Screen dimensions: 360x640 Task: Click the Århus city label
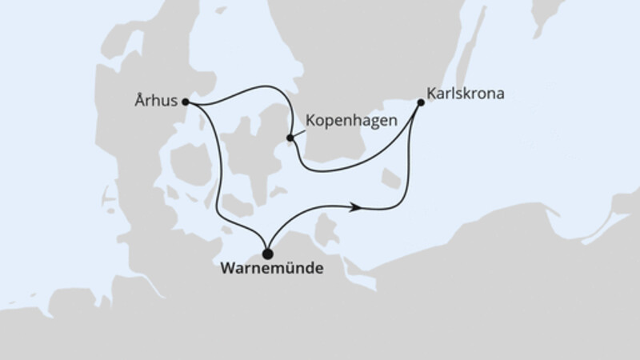(x=157, y=102)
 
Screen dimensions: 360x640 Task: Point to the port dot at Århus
(x=186, y=102)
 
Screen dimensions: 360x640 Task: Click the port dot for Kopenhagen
(x=290, y=138)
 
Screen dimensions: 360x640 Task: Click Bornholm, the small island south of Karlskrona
(x=391, y=178)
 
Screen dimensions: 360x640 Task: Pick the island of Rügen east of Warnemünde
(x=324, y=232)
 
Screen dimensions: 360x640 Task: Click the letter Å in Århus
(x=142, y=102)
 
